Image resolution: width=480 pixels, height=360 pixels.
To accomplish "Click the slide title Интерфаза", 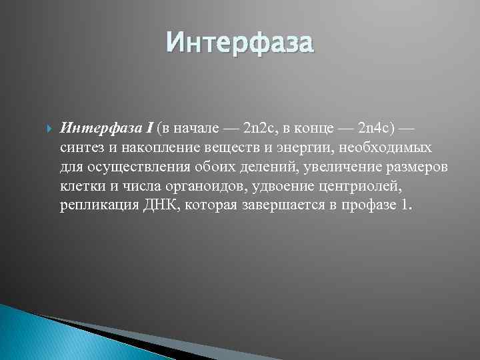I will point(239,43).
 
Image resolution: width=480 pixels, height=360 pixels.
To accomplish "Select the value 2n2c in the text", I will point(259,127).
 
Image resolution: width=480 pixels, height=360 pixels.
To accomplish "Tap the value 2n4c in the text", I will point(373,127).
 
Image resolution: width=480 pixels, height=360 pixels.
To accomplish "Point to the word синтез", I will point(80,147).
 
